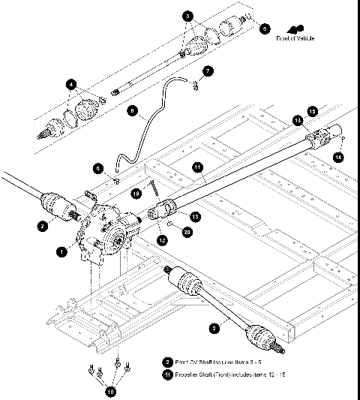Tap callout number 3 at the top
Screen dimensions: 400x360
pos(187,16)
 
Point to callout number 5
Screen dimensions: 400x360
pos(264,29)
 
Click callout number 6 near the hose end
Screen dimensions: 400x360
pos(97,167)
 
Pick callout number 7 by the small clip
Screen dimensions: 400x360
pos(208,70)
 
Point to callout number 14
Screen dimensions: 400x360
pos(338,156)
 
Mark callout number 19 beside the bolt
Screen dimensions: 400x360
pos(136,193)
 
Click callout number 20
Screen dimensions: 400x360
pos(187,233)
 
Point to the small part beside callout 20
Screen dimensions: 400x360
pos(171,224)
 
